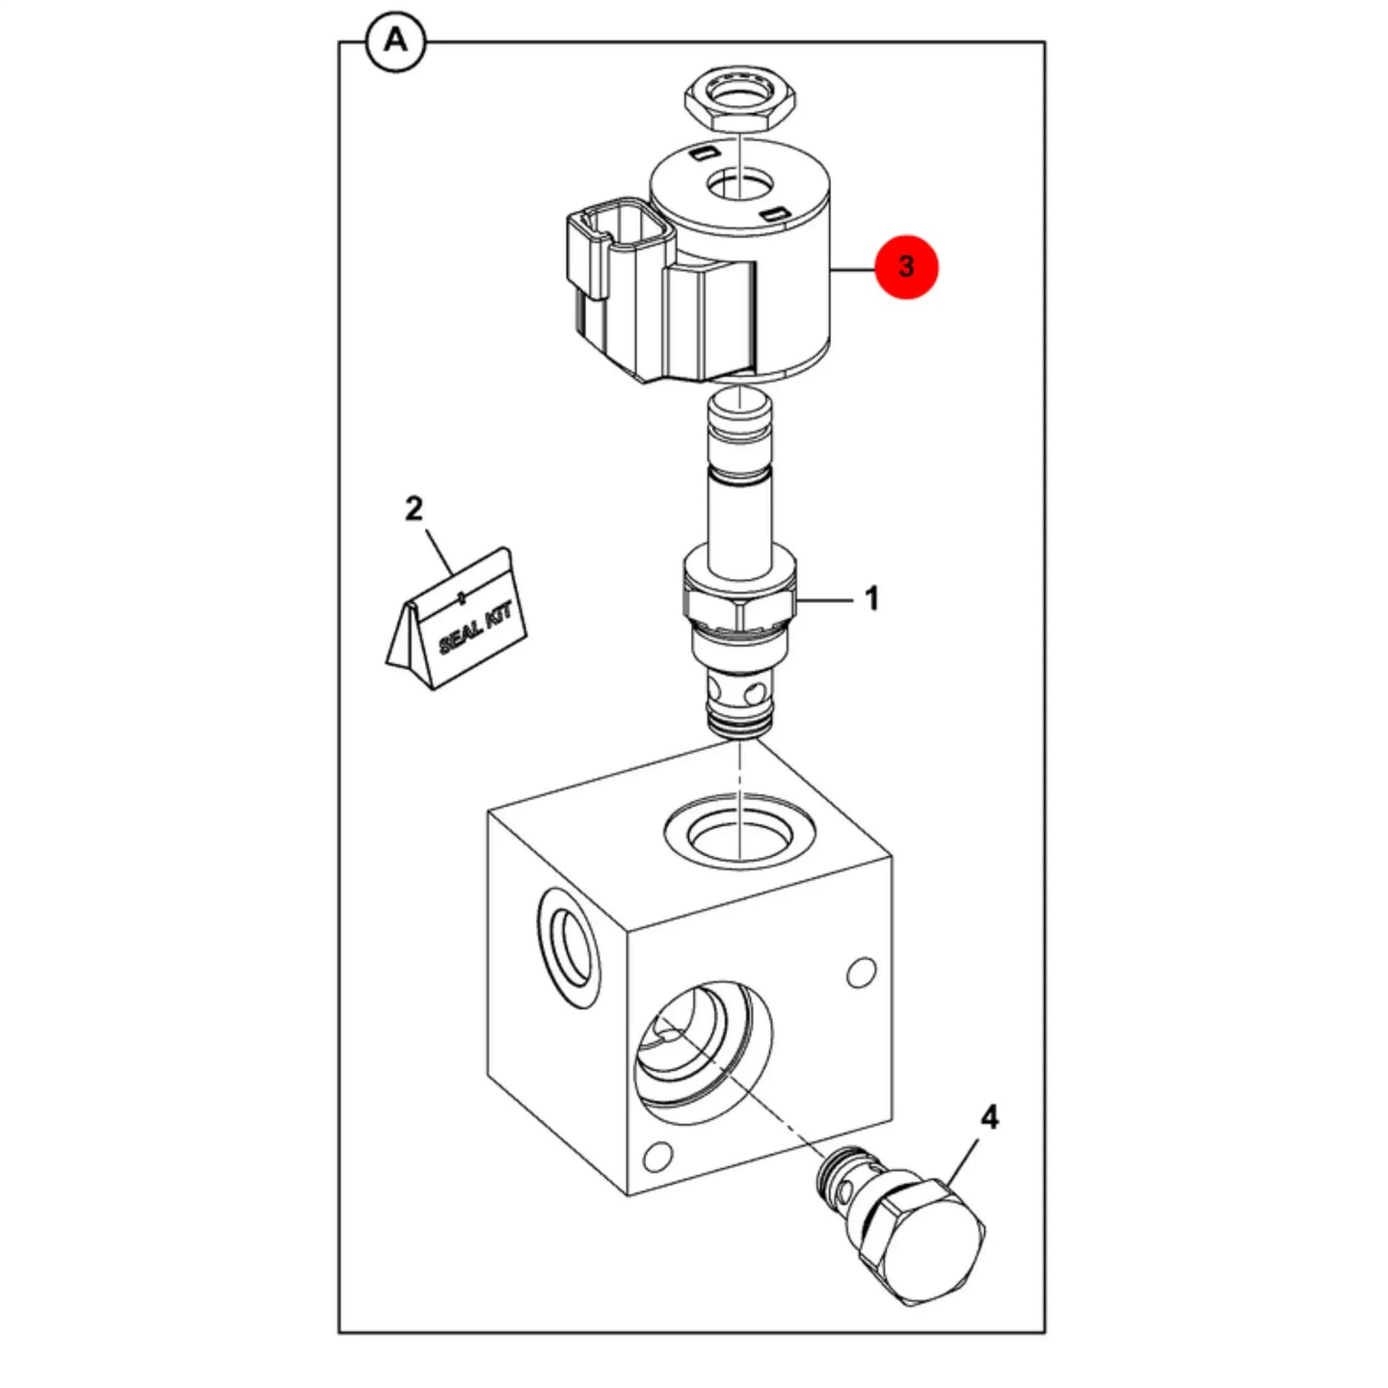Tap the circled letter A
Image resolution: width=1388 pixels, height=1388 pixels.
coord(395,41)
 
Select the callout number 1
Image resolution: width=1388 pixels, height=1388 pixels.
coord(870,599)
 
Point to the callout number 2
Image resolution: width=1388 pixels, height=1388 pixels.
coord(414,509)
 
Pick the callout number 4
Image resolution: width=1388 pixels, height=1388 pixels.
coord(990,1118)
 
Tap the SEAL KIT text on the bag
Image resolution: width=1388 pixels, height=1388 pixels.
coord(475,629)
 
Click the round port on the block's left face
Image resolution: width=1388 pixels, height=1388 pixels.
coord(569,950)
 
